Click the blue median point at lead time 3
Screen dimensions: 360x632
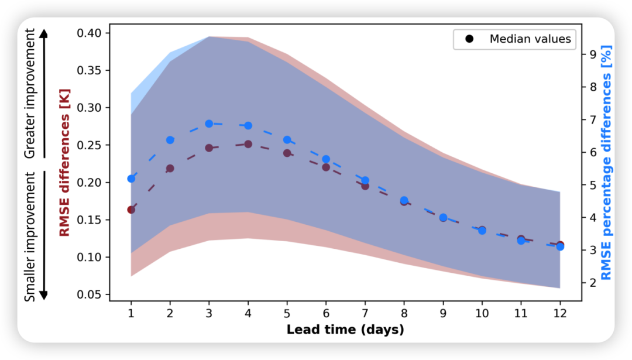coord(209,124)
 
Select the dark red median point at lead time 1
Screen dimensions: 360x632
coord(131,210)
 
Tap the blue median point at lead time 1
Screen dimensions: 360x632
coord(131,179)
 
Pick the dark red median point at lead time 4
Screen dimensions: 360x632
coord(248,144)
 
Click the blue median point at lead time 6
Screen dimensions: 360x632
coord(326,159)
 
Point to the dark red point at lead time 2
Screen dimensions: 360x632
coord(170,169)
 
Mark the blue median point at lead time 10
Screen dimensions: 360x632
coord(482,231)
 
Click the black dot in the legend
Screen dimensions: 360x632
coord(469,39)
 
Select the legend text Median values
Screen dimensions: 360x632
coord(530,39)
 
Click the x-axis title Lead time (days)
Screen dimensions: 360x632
coord(345,330)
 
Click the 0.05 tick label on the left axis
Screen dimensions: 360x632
coord(90,294)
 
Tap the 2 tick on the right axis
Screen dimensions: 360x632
coord(593,283)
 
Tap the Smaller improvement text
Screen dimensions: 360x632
coord(30,236)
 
